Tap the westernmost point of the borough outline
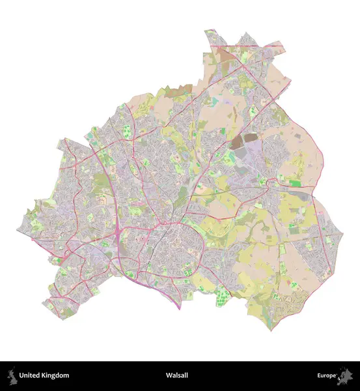pos(18,229)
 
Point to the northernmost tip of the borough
pos(210,30)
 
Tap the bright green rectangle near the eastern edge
pos(296,184)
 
